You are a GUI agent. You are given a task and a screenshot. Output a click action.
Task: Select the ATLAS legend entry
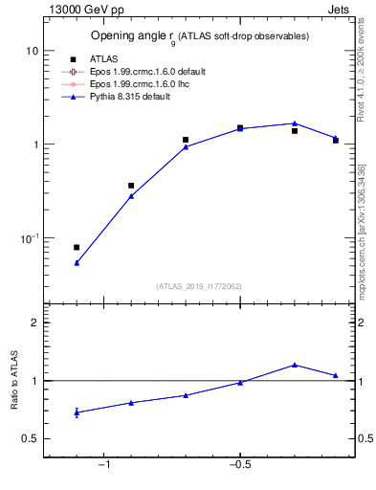[105, 58]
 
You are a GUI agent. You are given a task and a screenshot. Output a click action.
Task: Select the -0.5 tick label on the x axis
[239, 466]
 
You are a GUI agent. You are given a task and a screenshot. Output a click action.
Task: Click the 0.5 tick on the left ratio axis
[30, 438]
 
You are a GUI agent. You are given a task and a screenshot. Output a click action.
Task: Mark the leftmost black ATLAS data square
[77, 247]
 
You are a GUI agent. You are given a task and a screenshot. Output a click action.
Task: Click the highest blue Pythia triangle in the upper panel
[295, 123]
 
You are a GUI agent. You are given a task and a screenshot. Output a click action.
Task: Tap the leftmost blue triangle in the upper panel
[77, 262]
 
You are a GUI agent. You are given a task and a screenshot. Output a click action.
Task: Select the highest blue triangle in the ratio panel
[295, 365]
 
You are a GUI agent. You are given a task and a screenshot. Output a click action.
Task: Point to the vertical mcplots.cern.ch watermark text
[362, 225]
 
